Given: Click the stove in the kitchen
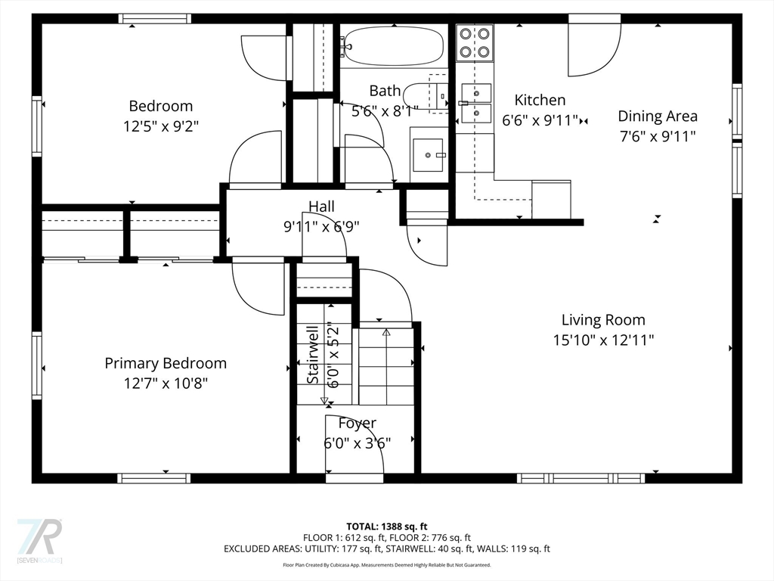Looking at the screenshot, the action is click(x=475, y=42).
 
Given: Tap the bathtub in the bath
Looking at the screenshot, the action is click(x=394, y=45).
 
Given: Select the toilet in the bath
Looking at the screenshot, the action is click(x=426, y=95).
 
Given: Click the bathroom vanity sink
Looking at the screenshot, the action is click(x=428, y=154).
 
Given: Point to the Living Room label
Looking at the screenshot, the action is click(x=603, y=320).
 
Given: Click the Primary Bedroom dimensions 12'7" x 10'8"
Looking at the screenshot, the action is click(x=166, y=383).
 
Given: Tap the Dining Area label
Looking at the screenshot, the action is click(x=658, y=116).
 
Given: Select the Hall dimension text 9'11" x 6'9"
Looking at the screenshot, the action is click(x=321, y=227).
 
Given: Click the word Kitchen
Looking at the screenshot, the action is click(x=540, y=100).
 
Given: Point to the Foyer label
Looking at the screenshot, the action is click(x=357, y=424).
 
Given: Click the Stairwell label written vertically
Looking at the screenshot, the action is click(x=313, y=355).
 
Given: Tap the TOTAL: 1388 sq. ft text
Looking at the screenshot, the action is click(x=386, y=527).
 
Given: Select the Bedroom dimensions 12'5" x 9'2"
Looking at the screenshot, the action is click(x=161, y=126).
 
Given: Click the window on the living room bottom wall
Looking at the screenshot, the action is click(x=580, y=478).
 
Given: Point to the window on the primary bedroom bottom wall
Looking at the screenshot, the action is click(x=154, y=478).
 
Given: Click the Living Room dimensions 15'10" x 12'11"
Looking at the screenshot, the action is click(x=603, y=340).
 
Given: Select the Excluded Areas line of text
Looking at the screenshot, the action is click(x=386, y=549).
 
